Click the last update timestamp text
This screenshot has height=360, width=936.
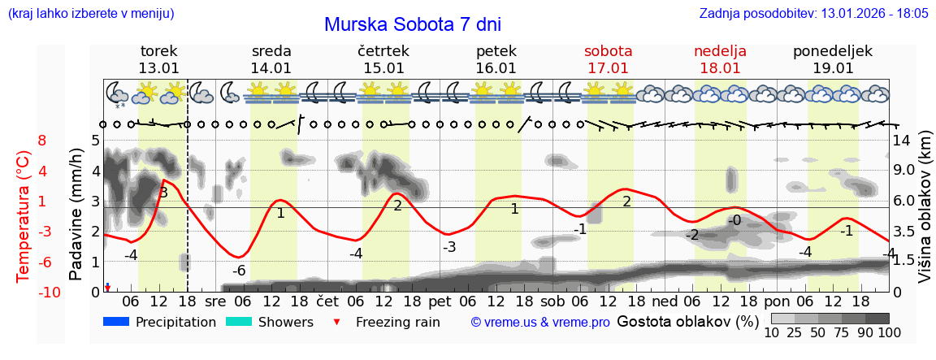click(813, 14)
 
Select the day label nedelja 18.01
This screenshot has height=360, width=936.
click(720, 59)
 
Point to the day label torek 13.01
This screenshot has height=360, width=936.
click(158, 59)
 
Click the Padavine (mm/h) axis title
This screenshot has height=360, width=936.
click(76, 215)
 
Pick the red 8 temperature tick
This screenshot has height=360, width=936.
click(41, 141)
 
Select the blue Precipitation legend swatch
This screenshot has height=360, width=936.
click(116, 322)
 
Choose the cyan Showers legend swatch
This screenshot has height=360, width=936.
click(239, 322)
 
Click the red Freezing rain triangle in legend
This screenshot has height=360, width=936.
click(337, 322)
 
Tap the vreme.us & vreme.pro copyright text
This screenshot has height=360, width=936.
click(540, 323)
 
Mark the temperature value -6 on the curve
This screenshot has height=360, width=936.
click(239, 271)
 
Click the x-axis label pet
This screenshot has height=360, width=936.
click(440, 301)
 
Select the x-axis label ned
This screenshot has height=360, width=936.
click(665, 301)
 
